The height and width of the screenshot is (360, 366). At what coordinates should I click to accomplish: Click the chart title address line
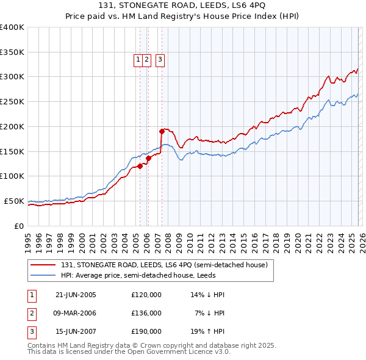click(183, 5)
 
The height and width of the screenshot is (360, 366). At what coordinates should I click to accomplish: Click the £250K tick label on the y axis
click(12, 101)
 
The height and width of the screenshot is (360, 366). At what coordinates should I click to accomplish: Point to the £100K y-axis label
click(12, 176)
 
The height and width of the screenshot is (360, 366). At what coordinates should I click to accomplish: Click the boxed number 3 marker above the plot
click(160, 60)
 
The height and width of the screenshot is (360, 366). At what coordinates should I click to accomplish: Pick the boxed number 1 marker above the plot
click(138, 60)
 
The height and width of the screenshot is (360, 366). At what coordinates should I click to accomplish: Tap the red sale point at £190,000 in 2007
click(162, 131)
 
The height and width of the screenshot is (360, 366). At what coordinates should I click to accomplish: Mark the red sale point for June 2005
click(140, 165)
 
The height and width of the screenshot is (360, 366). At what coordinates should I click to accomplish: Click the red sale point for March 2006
click(148, 158)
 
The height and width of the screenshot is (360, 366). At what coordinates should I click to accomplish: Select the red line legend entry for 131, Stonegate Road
click(164, 265)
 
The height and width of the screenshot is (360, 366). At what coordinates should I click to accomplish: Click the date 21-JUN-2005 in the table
click(76, 295)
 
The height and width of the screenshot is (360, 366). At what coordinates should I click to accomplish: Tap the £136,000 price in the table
click(146, 313)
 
